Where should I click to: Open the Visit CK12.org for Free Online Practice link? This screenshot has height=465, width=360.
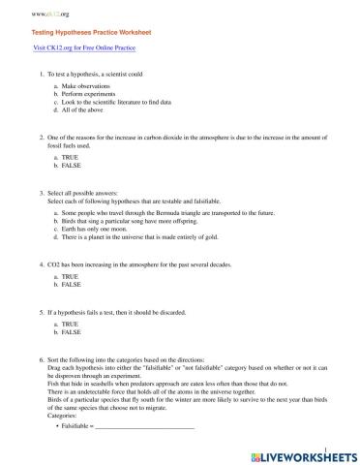click(83, 46)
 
